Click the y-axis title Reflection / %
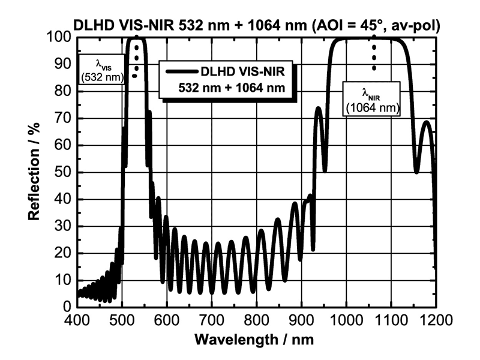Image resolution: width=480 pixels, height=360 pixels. click(x=34, y=172)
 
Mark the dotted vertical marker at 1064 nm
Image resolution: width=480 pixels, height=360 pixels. click(x=374, y=53)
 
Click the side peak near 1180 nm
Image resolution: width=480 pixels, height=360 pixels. click(x=426, y=123)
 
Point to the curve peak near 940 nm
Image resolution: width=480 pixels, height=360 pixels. click(x=318, y=110)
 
